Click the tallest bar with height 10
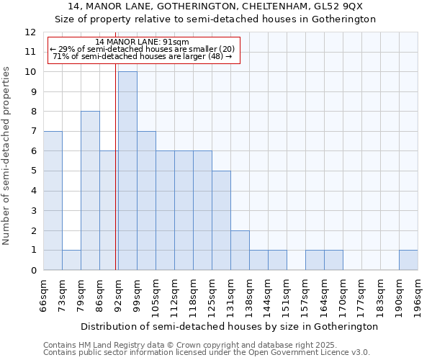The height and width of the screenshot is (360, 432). pyautogui.click(x=127, y=171)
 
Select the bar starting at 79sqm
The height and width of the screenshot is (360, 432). pyautogui.click(x=90, y=191)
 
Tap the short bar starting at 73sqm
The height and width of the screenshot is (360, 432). pyautogui.click(x=71, y=260)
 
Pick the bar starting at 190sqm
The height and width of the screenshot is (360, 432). pyautogui.click(x=408, y=260)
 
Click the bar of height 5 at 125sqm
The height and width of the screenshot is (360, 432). pyautogui.click(x=221, y=220)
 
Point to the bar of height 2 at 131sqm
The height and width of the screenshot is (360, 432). pyautogui.click(x=240, y=250)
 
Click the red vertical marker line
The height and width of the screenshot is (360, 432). pyautogui.click(x=116, y=166)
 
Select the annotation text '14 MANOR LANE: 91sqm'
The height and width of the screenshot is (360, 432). pyautogui.click(x=142, y=42)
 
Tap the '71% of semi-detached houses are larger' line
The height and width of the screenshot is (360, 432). pyautogui.click(x=142, y=56)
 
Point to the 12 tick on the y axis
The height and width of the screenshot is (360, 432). pyautogui.click(x=30, y=32)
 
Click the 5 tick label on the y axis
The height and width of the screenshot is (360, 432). pyautogui.click(x=33, y=171)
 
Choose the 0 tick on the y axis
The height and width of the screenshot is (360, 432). pyautogui.click(x=33, y=271)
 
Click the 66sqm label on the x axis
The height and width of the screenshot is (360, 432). pyautogui.click(x=43, y=295)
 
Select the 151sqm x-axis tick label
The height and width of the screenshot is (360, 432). pyautogui.click(x=287, y=295)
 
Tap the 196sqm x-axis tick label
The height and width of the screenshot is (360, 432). pyautogui.click(x=418, y=295)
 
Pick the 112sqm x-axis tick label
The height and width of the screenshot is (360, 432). pyautogui.click(x=174, y=295)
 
